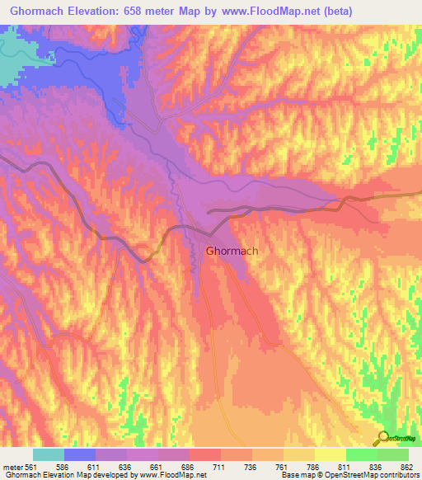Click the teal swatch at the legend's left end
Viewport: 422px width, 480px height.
[x=49, y=454]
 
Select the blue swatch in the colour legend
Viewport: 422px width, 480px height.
[x=80, y=454]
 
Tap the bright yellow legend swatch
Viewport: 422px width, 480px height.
[x=330, y=454]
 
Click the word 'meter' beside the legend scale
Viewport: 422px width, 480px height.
[x=12, y=466]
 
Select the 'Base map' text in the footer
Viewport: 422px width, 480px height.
[x=294, y=475]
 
